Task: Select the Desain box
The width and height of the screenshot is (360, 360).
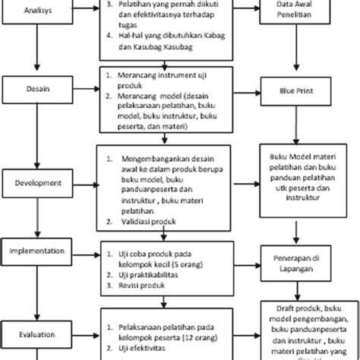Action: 37,89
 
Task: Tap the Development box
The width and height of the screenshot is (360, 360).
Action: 37,183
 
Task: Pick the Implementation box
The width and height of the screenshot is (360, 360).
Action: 37,249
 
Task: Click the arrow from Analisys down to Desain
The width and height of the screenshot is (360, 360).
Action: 37,61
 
